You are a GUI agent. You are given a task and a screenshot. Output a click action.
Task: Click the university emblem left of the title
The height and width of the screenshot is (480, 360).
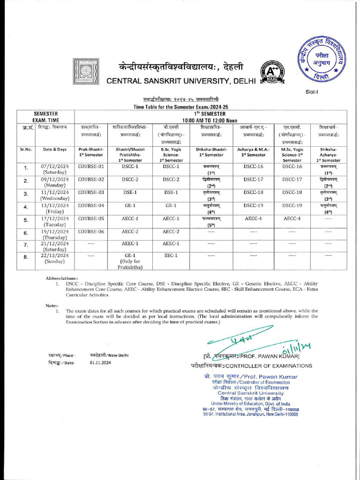coord(85,73)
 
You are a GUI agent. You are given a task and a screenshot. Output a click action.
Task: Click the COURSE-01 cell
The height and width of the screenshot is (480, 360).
coord(91,166)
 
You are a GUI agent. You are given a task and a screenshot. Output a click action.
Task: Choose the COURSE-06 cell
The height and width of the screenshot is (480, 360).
coord(91,232)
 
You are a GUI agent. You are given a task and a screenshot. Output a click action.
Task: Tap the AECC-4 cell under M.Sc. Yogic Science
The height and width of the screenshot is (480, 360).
coord(292,218)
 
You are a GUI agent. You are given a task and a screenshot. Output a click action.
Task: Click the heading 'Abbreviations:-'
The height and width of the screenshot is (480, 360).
coord(62,278)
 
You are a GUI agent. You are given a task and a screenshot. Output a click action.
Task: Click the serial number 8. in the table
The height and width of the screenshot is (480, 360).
coord(26,257)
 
